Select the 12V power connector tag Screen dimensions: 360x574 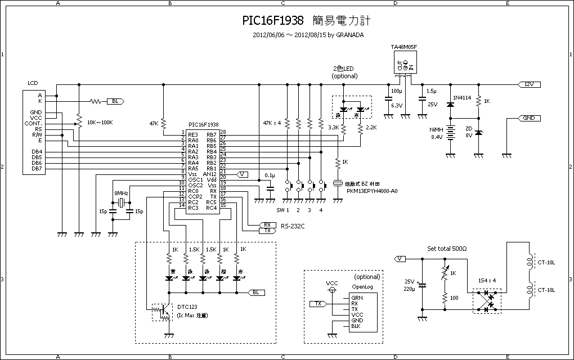tap(529, 84)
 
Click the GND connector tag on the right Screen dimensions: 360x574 tap(529, 118)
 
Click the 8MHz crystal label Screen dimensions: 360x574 tap(122, 193)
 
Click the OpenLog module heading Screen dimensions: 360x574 tap(362, 286)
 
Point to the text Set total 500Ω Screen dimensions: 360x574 tap(448, 248)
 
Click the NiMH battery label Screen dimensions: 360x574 tap(437, 129)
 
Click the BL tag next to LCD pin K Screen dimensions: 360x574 tap(115, 101)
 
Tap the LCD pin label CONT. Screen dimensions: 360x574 tap(33, 123)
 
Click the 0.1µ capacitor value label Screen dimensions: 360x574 tap(270, 175)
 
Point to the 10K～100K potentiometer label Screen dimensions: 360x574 tap(100, 123)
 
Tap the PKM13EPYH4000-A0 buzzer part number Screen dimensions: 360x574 tap(372, 191)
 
